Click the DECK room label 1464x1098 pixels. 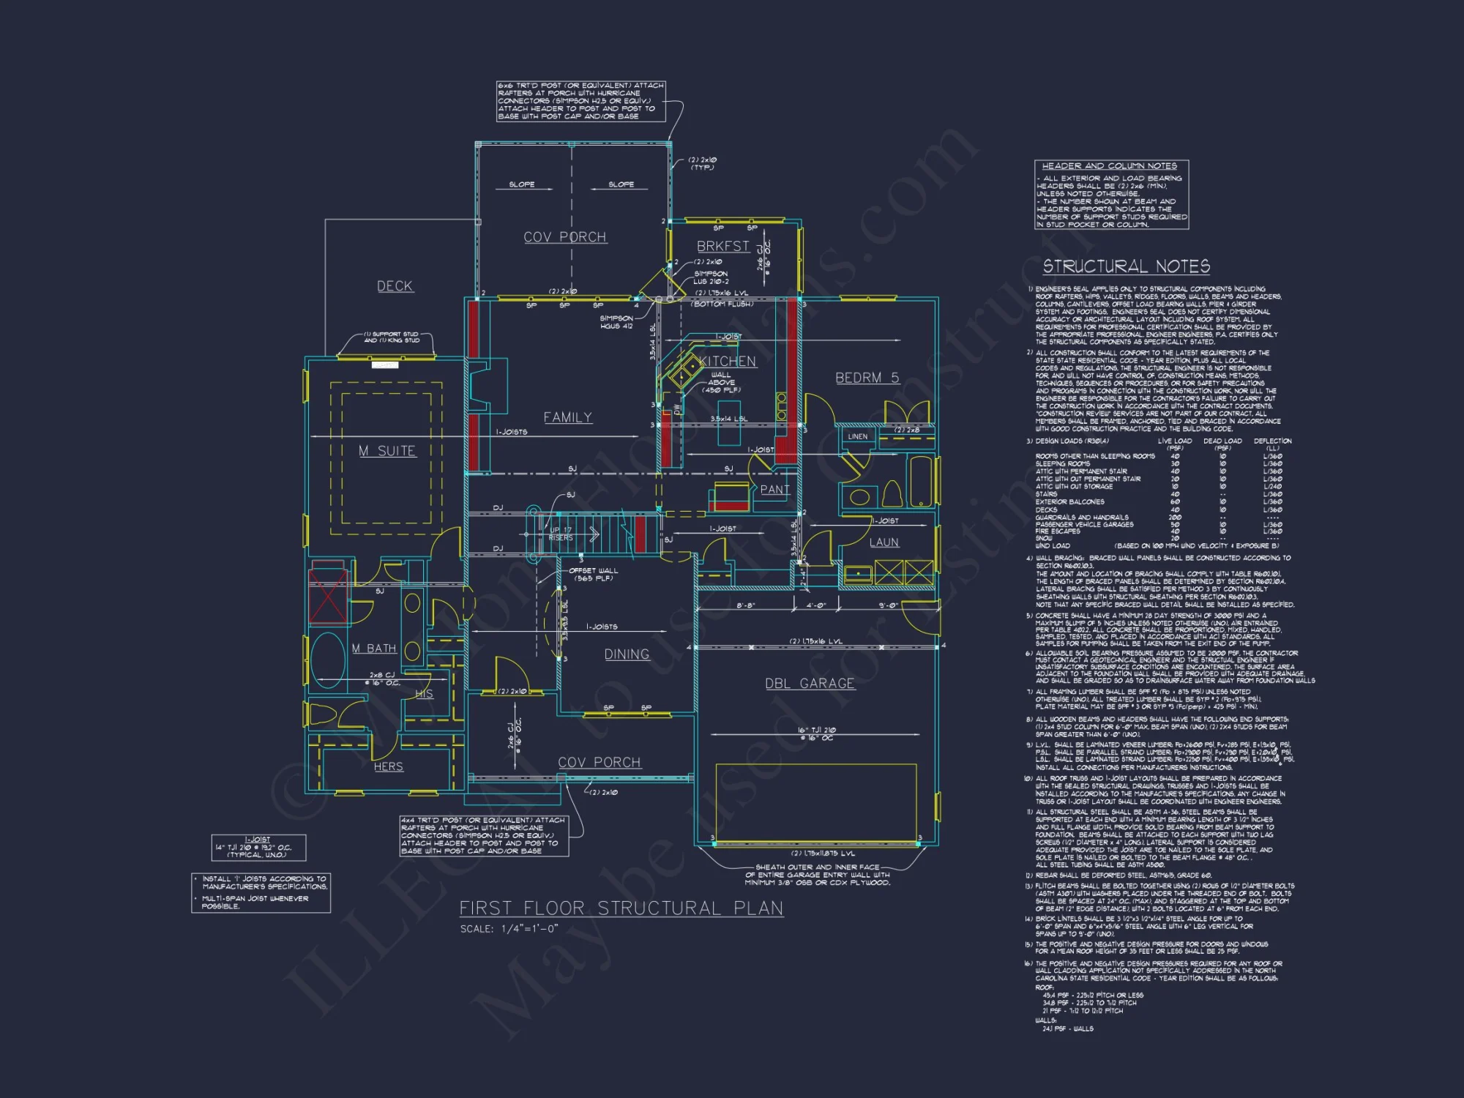(395, 286)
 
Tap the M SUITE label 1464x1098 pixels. (387, 451)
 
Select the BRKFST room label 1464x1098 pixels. (722, 246)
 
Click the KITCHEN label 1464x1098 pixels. (727, 362)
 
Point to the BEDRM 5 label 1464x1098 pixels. (867, 378)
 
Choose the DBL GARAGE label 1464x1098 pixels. (810, 684)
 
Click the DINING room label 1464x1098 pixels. (627, 654)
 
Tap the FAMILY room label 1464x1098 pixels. (567, 417)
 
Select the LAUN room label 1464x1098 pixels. (884, 542)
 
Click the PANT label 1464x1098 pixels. (774, 490)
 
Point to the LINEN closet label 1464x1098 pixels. (857, 436)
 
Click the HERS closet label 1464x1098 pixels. (388, 766)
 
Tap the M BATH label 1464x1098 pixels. (373, 649)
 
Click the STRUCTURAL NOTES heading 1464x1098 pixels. (1126, 266)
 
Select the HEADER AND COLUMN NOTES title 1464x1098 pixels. (1109, 166)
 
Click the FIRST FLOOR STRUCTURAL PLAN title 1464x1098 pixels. (621, 908)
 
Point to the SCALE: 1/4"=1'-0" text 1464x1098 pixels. (509, 929)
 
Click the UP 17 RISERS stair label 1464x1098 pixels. (561, 534)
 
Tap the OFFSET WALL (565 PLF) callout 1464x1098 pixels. (593, 575)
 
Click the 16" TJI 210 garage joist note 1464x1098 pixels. (816, 733)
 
